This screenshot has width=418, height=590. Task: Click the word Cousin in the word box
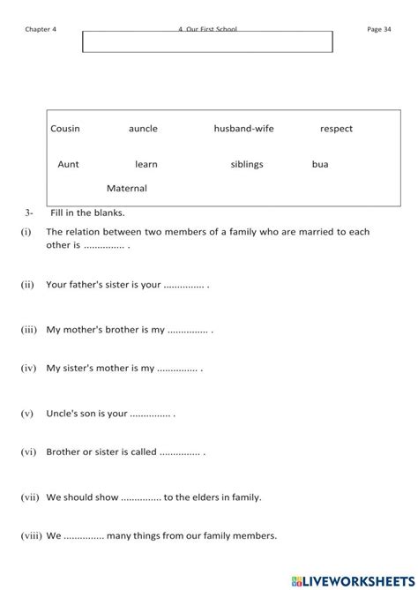65,129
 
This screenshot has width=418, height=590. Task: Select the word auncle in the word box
143,129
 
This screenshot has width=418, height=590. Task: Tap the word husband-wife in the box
243,129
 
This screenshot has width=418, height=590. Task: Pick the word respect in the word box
336,129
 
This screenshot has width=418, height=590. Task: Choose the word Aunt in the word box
68,164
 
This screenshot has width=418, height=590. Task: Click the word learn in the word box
146,164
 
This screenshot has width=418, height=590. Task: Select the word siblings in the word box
247,164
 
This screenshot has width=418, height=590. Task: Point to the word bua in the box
320,164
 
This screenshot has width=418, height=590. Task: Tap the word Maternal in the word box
126,188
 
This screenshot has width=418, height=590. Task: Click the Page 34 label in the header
379,29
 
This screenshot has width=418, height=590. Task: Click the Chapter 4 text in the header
41,29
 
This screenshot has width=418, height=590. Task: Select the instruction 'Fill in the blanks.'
87,213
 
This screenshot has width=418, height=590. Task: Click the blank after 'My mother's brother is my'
189,330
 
